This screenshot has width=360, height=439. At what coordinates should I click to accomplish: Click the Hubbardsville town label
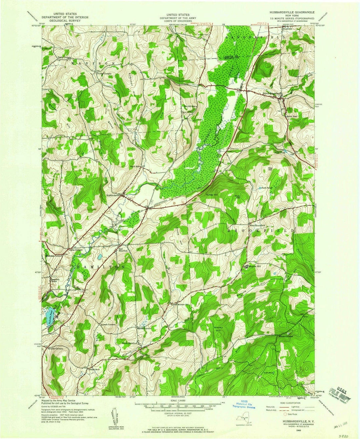click(114, 196)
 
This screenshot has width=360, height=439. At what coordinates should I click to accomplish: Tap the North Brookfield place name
click(272, 94)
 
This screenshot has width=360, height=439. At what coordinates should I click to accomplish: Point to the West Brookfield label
click(257, 225)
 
